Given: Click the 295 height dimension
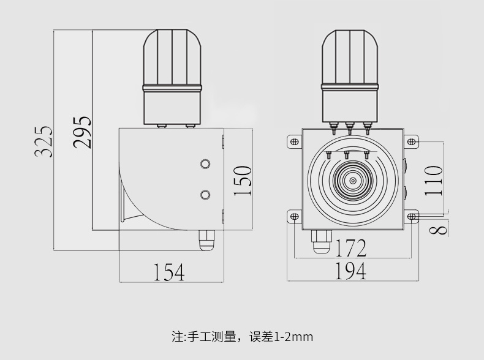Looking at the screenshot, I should pos(81,132).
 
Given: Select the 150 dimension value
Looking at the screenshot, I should pos(243,180).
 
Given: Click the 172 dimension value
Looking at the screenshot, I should pos(351,248).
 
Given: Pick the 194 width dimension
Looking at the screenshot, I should pos(351,271).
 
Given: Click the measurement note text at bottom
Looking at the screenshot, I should pos(242,336).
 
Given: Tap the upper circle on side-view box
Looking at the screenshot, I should pos(205,164).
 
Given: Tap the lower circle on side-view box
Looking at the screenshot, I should pos(205,194).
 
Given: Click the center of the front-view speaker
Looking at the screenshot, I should pos(353,181).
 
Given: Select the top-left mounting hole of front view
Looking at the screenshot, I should pos(294,142).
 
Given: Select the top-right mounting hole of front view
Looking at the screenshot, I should pos(412,142).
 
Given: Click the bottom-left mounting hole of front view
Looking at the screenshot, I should pos(294,216).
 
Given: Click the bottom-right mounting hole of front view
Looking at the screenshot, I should pos(412,216).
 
